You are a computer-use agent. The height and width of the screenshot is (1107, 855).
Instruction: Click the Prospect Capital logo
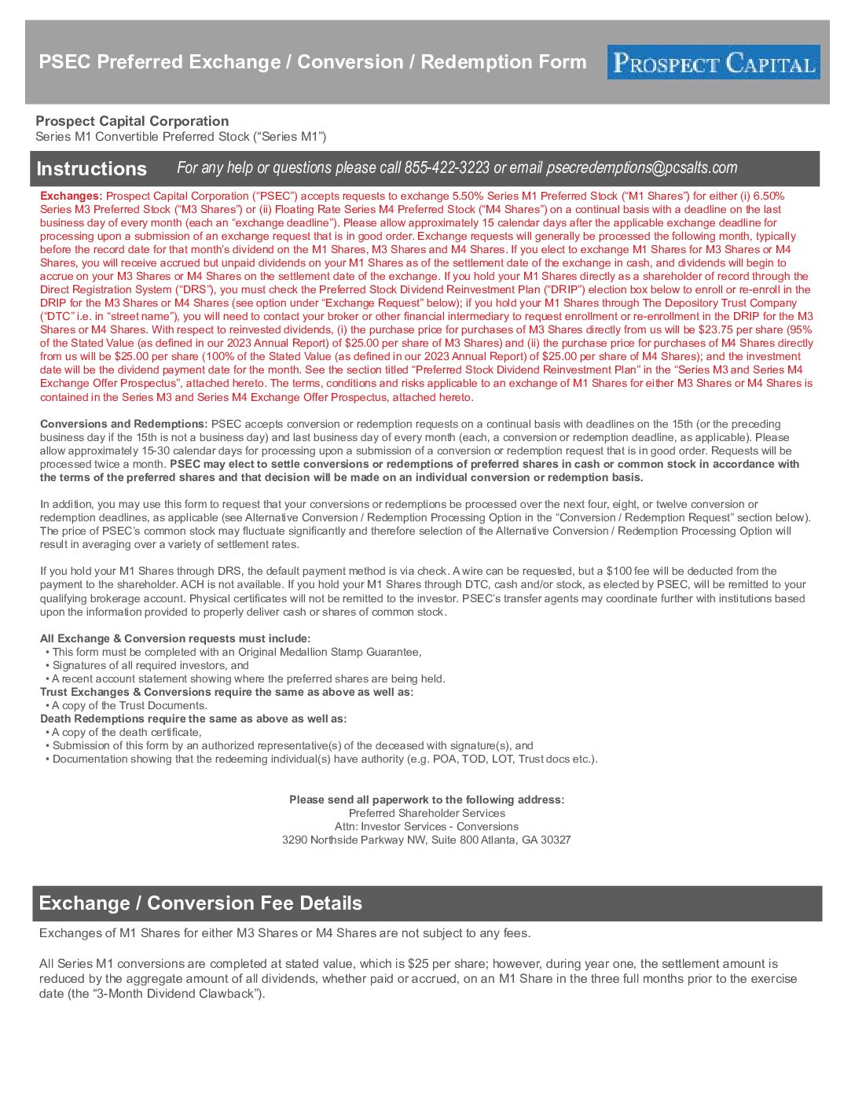click(x=713, y=62)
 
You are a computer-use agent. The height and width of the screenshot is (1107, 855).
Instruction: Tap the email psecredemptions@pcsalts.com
click(x=641, y=167)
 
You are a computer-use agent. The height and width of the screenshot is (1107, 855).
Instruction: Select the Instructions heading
click(x=91, y=169)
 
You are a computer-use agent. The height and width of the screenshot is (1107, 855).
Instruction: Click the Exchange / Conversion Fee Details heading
click(x=200, y=903)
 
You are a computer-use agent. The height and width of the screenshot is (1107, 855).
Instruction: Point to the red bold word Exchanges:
click(x=71, y=196)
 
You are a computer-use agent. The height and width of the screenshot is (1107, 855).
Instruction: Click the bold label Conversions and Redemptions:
click(x=123, y=424)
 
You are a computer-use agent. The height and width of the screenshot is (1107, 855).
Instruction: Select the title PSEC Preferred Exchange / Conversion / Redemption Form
click(x=313, y=62)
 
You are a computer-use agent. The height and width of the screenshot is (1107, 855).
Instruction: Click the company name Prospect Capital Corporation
click(x=132, y=121)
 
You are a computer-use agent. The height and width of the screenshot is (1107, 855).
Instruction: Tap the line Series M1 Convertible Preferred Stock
click(x=181, y=137)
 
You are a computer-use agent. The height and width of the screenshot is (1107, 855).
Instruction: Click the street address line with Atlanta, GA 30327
click(x=426, y=840)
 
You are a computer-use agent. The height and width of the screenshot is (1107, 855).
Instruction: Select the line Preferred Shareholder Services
click(x=427, y=813)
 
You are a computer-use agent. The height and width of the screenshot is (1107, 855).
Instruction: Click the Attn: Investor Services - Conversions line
click(x=426, y=826)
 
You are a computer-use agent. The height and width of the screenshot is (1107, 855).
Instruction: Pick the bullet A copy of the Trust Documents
click(x=129, y=705)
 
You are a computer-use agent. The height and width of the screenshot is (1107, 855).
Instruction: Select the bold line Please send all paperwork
click(x=426, y=800)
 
